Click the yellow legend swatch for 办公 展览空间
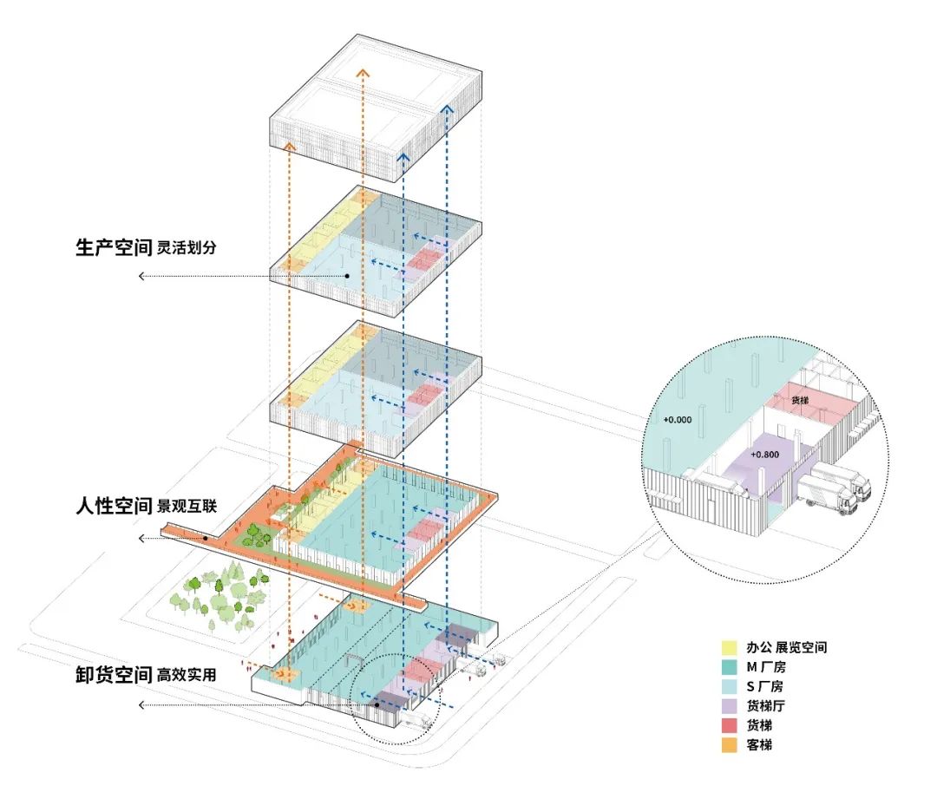(730, 648)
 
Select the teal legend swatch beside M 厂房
(730, 667)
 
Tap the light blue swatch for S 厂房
(730, 686)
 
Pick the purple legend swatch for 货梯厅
(730, 705)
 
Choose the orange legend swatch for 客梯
(730, 744)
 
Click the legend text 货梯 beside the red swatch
(757, 725)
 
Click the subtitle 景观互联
(186, 507)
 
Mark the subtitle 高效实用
(186, 676)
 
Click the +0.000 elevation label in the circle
(678, 418)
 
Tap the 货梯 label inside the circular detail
(801, 401)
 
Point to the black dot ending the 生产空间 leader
(346, 276)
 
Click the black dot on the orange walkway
(206, 539)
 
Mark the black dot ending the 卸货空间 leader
(377, 705)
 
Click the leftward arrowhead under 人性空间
(141, 539)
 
